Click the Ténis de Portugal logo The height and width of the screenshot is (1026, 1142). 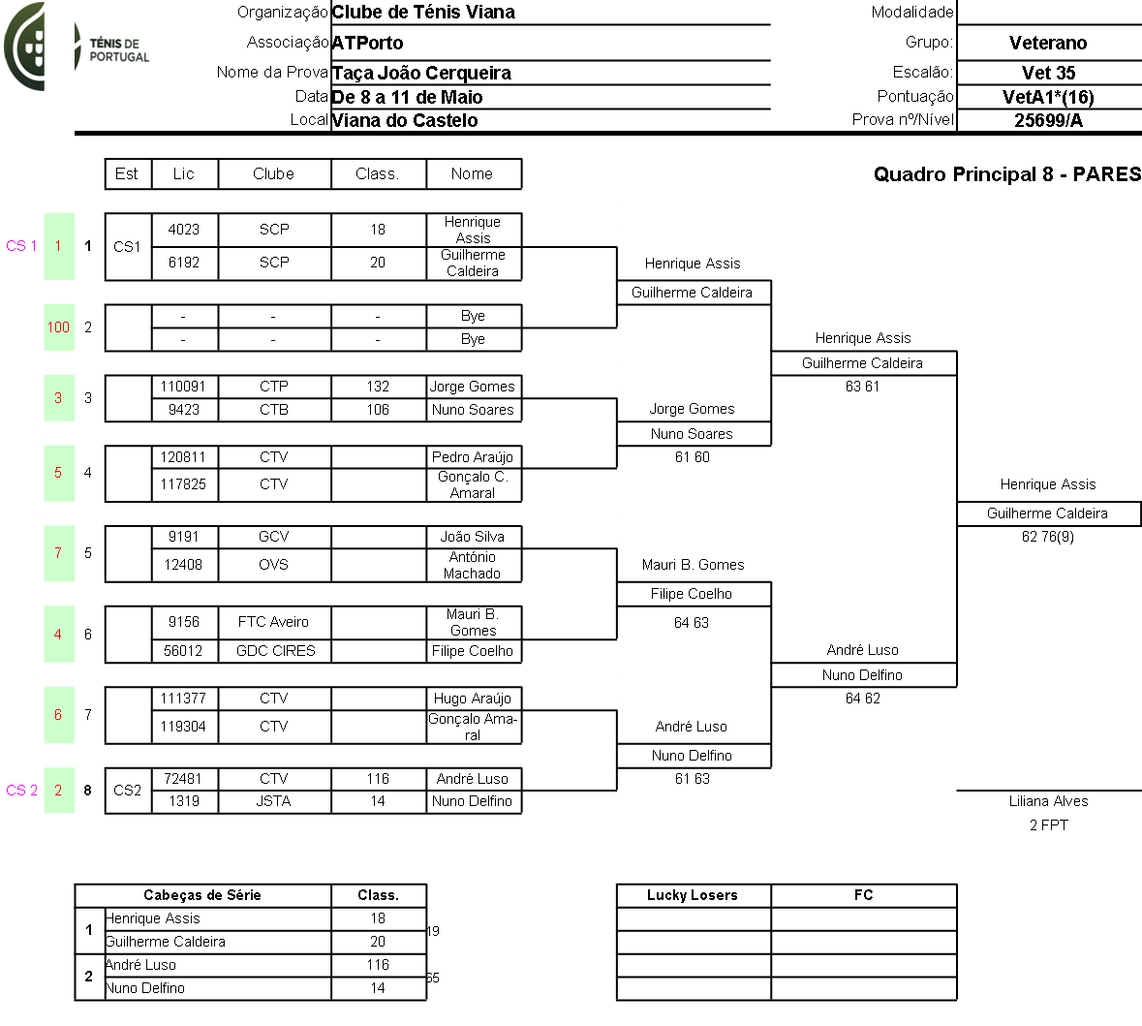click(77, 47)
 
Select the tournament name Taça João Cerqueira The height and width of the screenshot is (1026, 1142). click(421, 73)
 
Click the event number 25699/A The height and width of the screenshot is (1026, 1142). click(1048, 120)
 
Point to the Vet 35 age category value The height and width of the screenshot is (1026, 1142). click(1048, 73)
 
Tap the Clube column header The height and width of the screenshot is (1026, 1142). click(273, 174)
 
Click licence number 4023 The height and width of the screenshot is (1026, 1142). click(184, 230)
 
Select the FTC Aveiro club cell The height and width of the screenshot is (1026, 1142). click(273, 622)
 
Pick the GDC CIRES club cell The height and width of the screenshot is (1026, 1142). click(275, 651)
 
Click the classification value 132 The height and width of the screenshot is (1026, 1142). click(378, 387)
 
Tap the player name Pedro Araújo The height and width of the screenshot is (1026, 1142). click(473, 457)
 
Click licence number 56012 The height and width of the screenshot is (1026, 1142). click(183, 651)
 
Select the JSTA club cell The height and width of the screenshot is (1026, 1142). click(273, 801)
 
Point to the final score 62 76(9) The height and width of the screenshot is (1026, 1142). click(1048, 537)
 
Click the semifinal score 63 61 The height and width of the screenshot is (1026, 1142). click(862, 387)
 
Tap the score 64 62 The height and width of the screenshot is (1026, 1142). click(862, 699)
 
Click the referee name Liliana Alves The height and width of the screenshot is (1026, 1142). click(1048, 801)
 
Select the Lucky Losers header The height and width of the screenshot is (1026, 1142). click(693, 895)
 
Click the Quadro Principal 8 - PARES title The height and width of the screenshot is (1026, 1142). click(1007, 174)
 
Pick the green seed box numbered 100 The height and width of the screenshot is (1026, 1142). click(58, 327)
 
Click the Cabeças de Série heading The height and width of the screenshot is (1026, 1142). click(202, 895)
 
